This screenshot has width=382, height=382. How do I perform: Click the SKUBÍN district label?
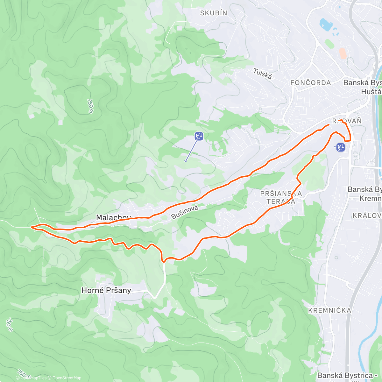tap(214, 13)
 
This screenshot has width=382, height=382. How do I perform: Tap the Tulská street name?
tap(263, 74)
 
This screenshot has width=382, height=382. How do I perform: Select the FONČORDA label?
tap(311, 83)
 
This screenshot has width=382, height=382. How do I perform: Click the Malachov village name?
tap(113, 217)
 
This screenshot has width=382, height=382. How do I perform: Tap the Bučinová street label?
tap(185, 212)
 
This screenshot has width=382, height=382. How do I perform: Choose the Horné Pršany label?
tap(106, 290)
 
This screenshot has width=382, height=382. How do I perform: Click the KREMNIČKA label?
tap(329, 310)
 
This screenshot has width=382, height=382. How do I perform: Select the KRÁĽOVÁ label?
tap(367, 216)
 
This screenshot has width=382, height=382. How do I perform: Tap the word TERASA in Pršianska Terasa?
tap(281, 202)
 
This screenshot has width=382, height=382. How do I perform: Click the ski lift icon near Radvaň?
tap(341, 147)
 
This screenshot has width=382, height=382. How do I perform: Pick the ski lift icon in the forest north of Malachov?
tap(199, 137)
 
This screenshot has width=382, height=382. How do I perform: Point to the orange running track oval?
tap(343, 53)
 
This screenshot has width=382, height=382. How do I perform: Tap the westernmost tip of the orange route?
tap(32, 227)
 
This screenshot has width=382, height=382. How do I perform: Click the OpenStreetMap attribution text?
tap(67, 378)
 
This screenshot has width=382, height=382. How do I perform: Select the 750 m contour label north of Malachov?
tap(90, 106)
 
